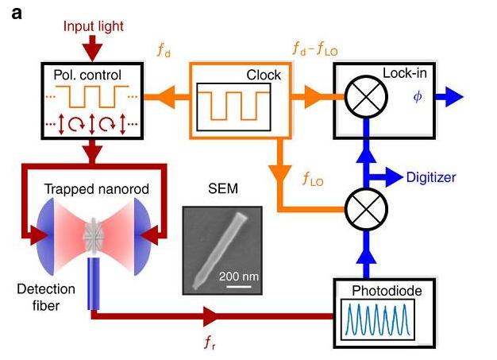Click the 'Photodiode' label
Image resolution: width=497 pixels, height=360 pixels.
384,291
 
